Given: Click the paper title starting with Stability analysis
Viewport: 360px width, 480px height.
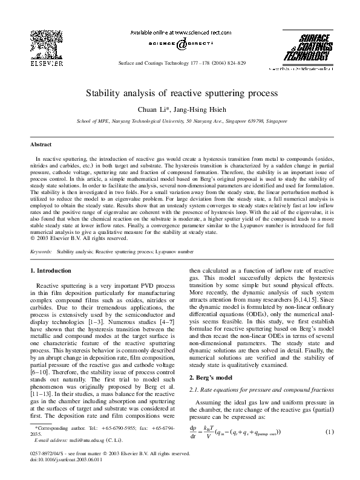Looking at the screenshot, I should point(180,94).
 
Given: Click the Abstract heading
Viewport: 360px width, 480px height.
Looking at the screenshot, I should point(42,145).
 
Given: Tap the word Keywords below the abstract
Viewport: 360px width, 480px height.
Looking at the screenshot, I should point(41,250).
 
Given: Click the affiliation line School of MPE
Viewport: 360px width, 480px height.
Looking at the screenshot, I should point(180,120).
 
